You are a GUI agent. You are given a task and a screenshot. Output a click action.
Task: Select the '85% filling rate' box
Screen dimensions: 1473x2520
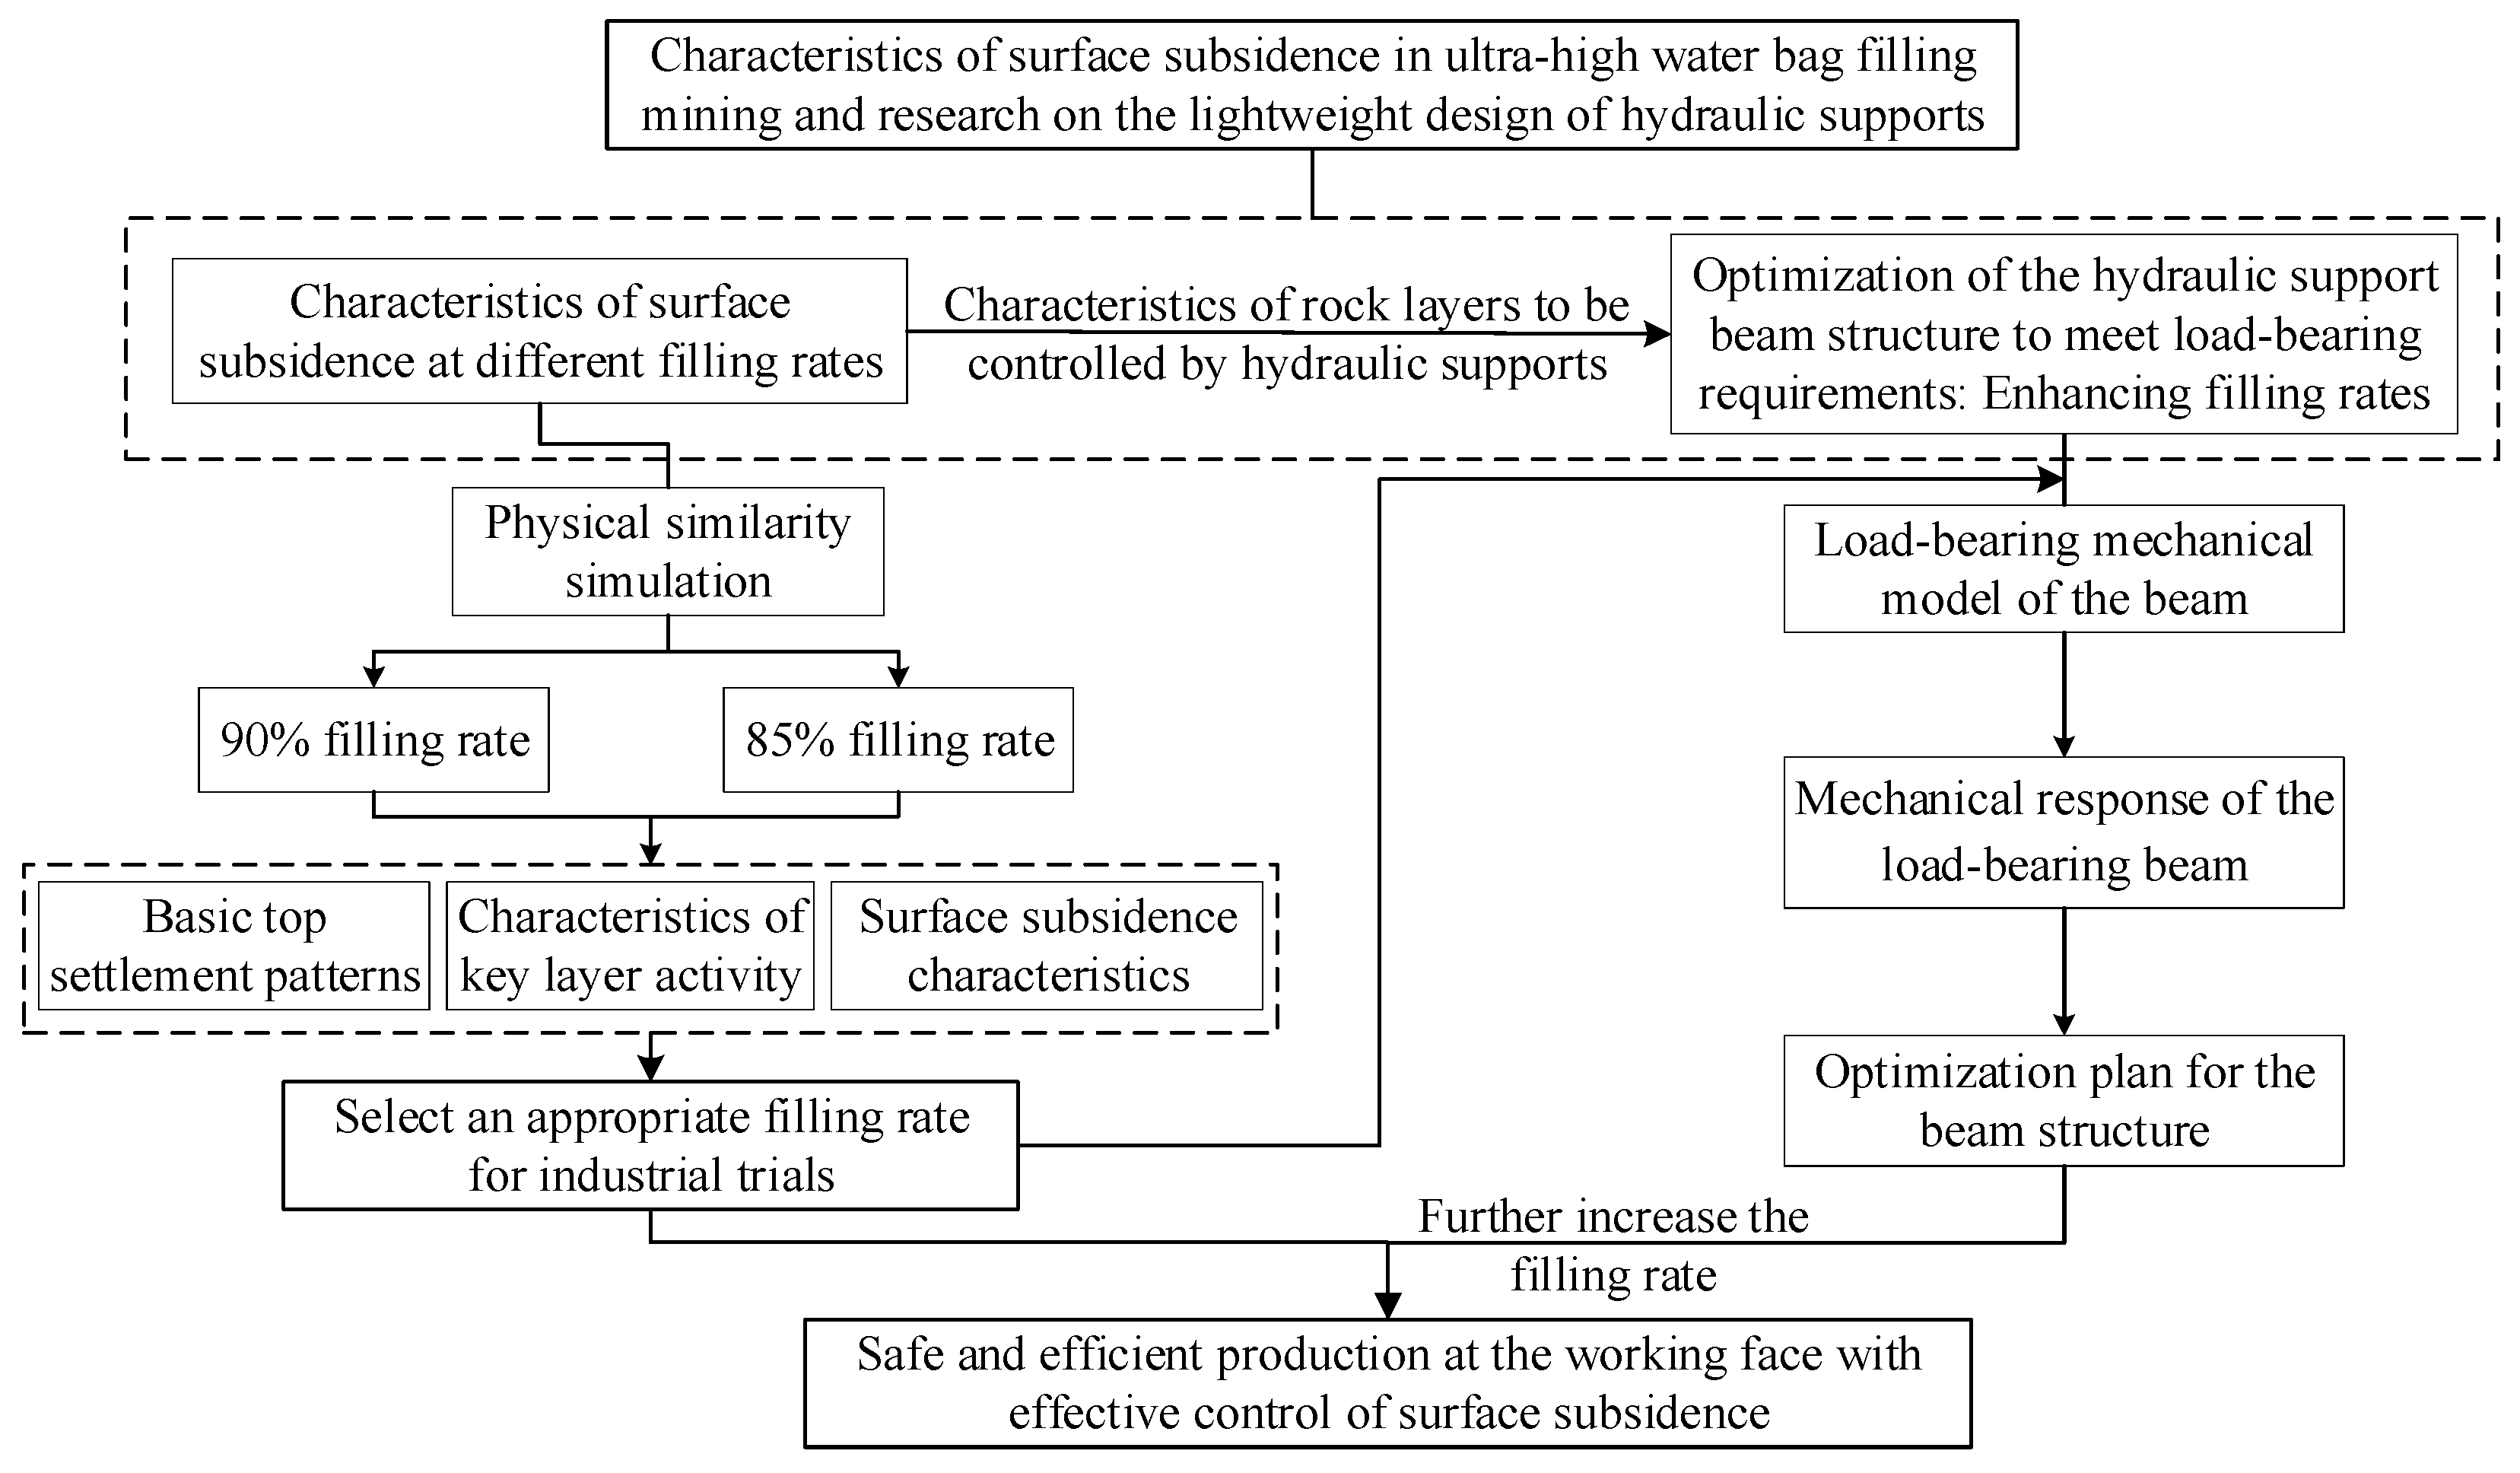(898, 740)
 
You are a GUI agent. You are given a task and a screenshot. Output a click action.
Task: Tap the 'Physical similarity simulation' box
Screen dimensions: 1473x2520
(668, 551)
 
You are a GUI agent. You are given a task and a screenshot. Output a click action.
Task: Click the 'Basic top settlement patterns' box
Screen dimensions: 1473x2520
(234, 945)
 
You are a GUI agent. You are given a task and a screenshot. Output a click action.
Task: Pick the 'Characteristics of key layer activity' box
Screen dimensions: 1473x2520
(630, 945)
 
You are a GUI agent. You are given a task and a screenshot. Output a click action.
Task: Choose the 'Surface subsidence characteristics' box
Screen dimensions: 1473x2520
(1047, 945)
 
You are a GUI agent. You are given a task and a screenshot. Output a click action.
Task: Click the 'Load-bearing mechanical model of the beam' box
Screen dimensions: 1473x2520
(2063, 568)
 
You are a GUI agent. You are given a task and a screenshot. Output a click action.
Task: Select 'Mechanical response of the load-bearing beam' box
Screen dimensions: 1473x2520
(2063, 832)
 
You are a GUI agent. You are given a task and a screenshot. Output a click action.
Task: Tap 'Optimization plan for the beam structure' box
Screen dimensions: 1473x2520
(2063, 1100)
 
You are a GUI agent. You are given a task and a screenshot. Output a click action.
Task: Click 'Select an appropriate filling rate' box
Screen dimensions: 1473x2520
(650, 1145)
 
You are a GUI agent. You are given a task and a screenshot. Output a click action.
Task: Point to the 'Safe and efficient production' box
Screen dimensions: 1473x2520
(1388, 1383)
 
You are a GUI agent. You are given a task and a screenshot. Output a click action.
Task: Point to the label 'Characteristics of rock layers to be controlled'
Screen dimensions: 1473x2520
(1286, 334)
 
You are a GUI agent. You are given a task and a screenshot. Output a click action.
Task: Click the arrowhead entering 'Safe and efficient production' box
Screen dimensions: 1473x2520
(1388, 1306)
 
